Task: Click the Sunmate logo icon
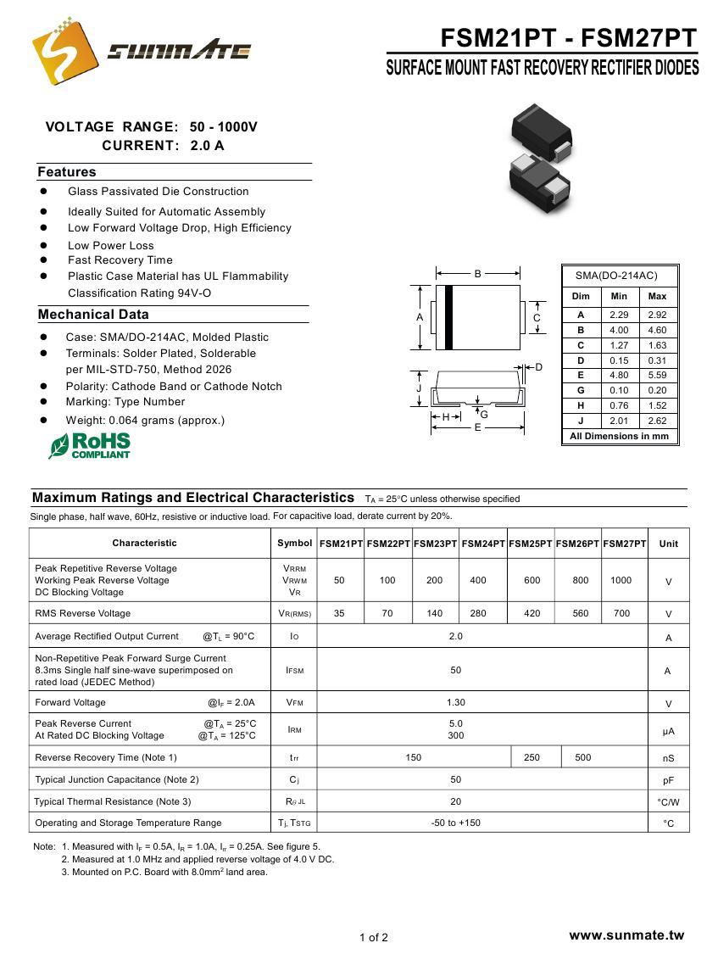tap(64, 50)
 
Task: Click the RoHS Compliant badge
tap(90, 445)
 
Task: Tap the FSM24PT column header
tap(483, 544)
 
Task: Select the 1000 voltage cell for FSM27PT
tap(621, 581)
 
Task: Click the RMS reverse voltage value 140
tap(435, 614)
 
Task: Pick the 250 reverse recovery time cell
tap(532, 758)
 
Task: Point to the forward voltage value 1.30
tap(456, 703)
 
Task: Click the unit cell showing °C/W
tap(668, 802)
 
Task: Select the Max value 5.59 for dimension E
tap(657, 376)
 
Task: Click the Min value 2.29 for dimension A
tap(619, 315)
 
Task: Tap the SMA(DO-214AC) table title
tap(616, 276)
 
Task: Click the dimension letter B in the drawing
tap(478, 274)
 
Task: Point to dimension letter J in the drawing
tap(419, 388)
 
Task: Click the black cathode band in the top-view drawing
tap(448, 317)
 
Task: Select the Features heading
tap(67, 172)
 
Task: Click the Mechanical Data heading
tap(93, 315)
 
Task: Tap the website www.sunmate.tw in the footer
tap(626, 935)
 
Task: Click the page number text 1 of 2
tap(374, 937)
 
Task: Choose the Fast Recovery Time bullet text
tap(120, 260)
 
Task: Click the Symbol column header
tap(294, 544)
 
